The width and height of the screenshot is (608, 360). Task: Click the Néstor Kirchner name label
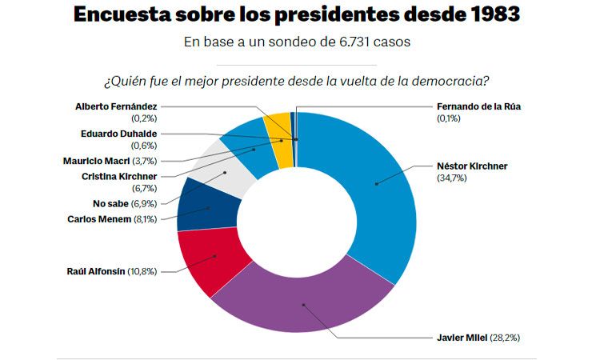tap(472, 166)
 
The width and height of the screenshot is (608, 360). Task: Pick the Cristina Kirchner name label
tap(119, 176)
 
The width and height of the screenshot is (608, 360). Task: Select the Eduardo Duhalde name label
tap(118, 134)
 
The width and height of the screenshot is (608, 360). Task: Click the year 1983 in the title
tap(497, 14)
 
